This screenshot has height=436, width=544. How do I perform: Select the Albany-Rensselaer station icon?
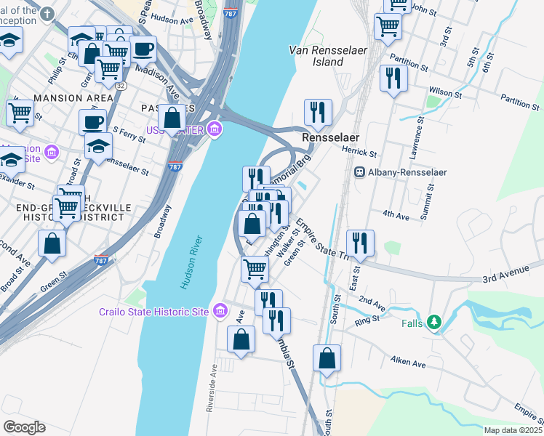tap(359, 171)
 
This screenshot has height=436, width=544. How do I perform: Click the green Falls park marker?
tap(434, 320)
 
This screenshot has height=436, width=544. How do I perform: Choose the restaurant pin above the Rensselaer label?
tap(318, 111)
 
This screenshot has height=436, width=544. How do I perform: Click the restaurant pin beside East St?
tap(360, 242)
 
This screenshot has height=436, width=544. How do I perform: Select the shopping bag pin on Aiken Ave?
tap(327, 358)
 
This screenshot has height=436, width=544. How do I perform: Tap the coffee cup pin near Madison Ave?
tap(143, 49)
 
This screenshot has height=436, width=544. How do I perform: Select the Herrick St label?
tap(361, 154)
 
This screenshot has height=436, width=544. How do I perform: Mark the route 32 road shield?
tap(118, 85)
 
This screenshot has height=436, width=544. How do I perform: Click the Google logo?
tap(24, 427)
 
